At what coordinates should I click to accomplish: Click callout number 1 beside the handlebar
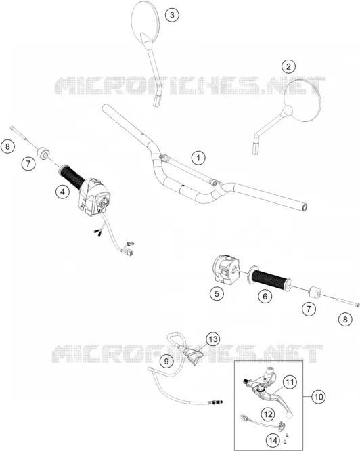[198, 158]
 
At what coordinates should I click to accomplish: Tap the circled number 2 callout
[288, 66]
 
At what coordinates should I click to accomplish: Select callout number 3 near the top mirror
[172, 15]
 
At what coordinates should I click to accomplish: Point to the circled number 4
[62, 191]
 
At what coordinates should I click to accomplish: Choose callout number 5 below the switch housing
[217, 293]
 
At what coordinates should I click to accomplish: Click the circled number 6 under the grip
[265, 296]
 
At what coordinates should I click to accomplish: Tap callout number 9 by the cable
[166, 361]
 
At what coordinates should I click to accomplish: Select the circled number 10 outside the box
[319, 397]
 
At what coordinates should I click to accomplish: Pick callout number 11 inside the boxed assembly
[290, 382]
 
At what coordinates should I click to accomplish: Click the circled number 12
[268, 414]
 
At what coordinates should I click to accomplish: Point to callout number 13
[213, 339]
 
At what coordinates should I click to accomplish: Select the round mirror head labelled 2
[303, 100]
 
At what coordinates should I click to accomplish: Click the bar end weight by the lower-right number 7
[314, 293]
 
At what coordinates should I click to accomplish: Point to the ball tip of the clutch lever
[290, 415]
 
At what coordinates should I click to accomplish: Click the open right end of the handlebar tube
[305, 207]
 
